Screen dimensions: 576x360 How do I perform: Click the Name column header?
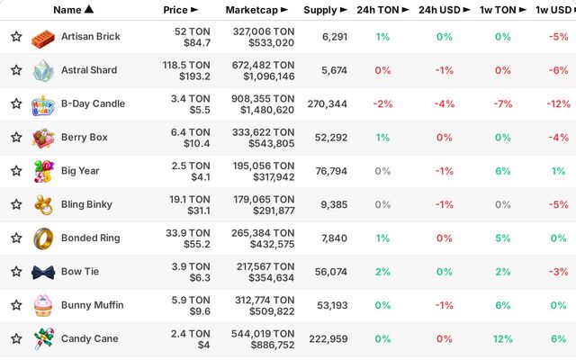pos(73,10)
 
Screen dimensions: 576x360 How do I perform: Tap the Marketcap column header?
pos(256,10)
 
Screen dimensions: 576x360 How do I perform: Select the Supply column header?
pos(325,10)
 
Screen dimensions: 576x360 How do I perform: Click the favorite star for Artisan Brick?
pos(16,36)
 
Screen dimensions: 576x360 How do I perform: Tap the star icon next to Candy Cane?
pos(16,338)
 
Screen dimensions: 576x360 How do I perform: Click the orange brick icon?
pos(43,39)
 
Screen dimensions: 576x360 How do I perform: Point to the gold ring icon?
pos(43,238)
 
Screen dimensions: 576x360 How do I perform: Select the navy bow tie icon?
pos(43,273)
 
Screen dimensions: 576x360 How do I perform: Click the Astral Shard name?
pos(89,70)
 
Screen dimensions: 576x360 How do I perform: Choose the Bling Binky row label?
pos(86,204)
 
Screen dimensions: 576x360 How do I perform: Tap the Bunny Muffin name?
pos(93,305)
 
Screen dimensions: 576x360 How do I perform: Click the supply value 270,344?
pos(328,104)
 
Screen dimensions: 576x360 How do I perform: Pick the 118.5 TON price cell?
pos(186,70)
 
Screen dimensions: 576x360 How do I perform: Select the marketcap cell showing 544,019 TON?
pos(263,339)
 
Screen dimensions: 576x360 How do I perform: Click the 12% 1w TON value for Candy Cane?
pos(503,338)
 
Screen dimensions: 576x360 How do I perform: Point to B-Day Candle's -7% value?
pos(503,104)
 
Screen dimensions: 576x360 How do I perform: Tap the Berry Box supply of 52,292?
pos(331,138)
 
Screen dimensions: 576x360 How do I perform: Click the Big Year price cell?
pos(191,171)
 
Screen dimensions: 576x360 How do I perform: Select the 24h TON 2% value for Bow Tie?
pos(382,272)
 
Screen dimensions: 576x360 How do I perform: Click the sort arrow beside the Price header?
pos(194,10)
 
